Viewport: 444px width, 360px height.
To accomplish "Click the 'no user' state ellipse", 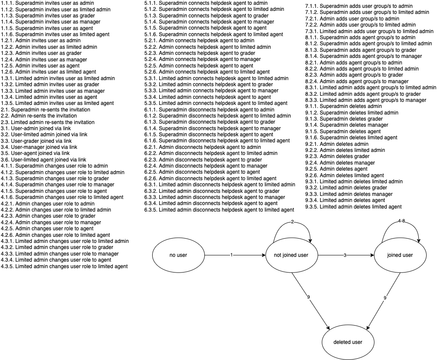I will click(178, 255).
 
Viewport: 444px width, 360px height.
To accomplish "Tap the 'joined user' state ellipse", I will click(400, 255).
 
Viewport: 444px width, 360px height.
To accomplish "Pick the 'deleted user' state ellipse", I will click(347, 342).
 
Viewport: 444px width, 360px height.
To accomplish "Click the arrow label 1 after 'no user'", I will click(232, 255).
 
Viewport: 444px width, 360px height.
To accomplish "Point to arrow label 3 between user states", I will click(345, 255).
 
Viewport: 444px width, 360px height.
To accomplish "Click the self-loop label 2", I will click(292, 222).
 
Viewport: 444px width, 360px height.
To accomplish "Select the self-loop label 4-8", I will click(401, 221).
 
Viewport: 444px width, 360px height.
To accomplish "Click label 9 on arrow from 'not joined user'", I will click(308, 297).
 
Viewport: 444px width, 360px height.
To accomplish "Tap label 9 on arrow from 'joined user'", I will click(384, 298).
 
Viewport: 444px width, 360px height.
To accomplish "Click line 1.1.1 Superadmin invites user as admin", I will click(47, 3).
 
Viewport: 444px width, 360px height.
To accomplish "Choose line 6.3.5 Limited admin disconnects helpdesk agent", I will click(219, 210).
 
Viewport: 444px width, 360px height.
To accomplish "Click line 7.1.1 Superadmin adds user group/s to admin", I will click(359, 6).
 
